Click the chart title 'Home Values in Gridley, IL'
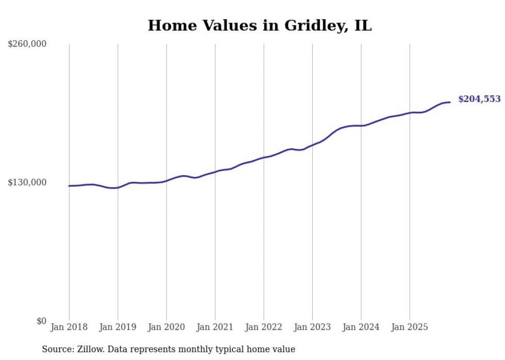pos(259,25)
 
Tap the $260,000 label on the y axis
pos(27,44)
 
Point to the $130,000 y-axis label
pos(27,182)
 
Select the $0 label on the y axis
pos(41,321)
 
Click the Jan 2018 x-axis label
pos(69,327)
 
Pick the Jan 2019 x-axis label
pos(117,327)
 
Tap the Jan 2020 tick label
pos(166,327)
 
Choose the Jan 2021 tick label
pos(215,327)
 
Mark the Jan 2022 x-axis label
pos(264,327)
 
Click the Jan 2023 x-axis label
pos(312,327)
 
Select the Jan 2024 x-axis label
pos(361,327)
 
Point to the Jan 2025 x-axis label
pos(410,327)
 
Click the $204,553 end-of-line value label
pos(479,99)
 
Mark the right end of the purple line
pos(450,102)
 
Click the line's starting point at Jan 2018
pos(69,186)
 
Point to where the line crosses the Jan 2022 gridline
pos(264,157)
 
